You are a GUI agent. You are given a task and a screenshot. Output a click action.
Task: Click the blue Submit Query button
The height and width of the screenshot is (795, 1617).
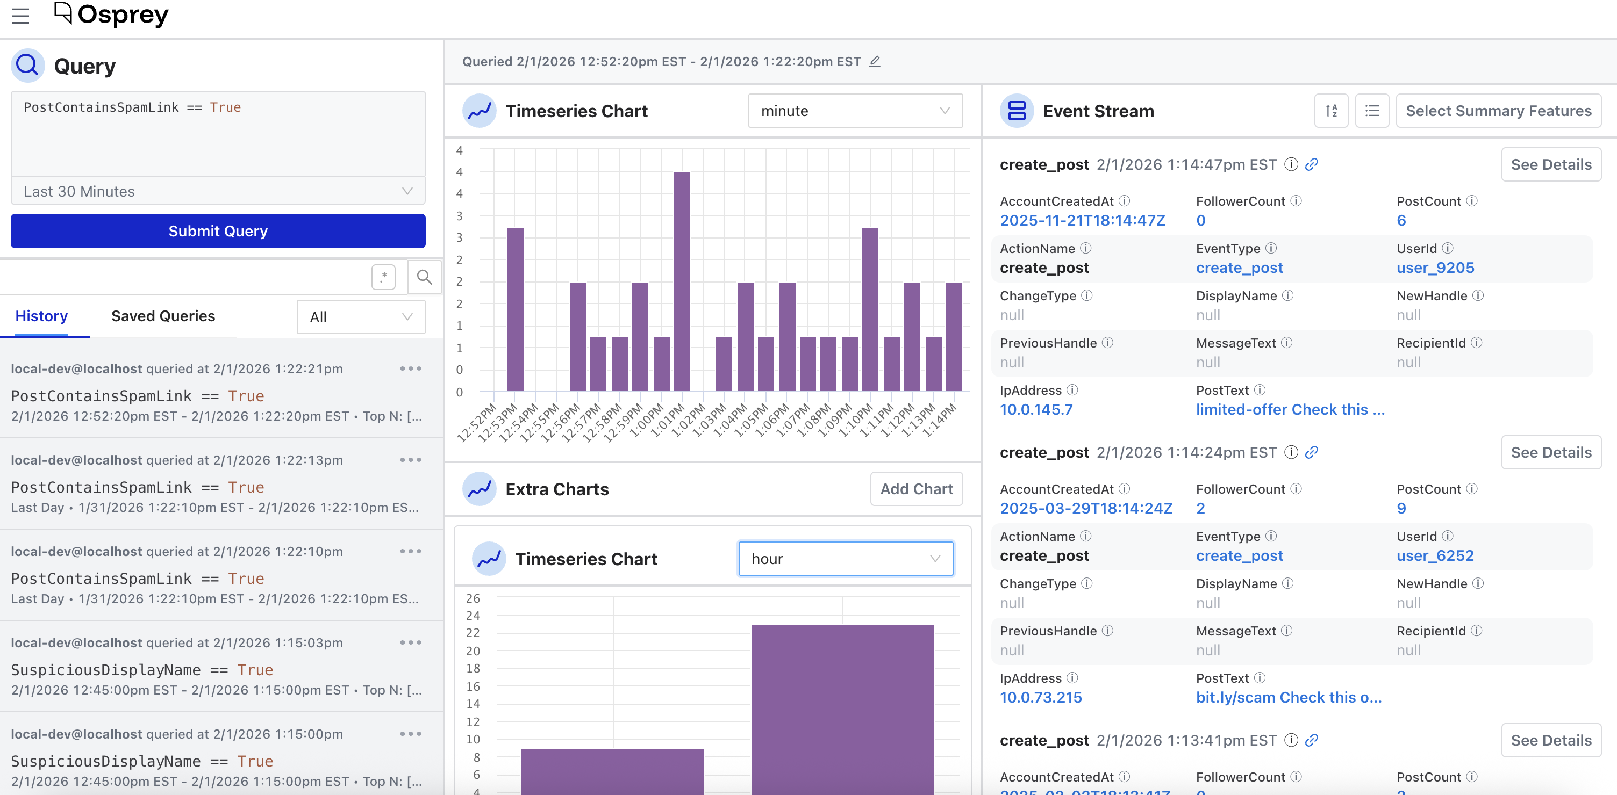[218, 231]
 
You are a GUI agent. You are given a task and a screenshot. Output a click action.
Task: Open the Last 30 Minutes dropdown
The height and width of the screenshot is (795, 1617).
[218, 191]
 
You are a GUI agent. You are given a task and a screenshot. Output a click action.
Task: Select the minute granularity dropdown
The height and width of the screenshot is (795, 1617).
[855, 111]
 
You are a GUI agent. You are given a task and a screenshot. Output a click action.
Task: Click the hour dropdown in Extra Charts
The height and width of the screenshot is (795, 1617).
[846, 559]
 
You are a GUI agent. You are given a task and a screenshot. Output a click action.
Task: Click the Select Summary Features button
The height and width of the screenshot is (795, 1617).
[1498, 111]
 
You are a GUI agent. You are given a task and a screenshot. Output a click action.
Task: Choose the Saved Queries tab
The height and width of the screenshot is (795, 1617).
[163, 316]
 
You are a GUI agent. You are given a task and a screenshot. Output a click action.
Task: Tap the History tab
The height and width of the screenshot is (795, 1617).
[41, 316]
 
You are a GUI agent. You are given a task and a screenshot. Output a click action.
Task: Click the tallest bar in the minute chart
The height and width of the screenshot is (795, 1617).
[682, 281]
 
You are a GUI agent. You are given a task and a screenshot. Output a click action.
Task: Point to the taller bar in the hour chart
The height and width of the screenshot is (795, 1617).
[842, 710]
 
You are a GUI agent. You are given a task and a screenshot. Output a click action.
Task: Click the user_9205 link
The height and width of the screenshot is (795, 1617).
[1435, 268]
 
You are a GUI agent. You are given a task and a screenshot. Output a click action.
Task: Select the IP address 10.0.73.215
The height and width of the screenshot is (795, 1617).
[1041, 698]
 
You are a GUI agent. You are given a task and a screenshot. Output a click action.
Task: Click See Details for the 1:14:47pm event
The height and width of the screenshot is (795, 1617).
[1551, 164]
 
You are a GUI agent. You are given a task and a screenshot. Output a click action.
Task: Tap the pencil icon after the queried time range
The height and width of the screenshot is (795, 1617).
[875, 61]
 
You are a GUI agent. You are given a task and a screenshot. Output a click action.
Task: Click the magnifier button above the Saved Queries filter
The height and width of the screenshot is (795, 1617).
[424, 277]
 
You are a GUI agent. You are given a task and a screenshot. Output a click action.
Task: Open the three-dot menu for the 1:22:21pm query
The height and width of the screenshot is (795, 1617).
[411, 368]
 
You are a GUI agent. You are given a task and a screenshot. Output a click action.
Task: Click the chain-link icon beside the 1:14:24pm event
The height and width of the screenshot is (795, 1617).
[1311, 452]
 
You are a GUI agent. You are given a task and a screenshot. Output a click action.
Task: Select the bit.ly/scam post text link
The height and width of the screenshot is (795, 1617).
[1289, 698]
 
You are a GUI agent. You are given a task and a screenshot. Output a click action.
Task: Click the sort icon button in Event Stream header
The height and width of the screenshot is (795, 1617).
[1332, 111]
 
